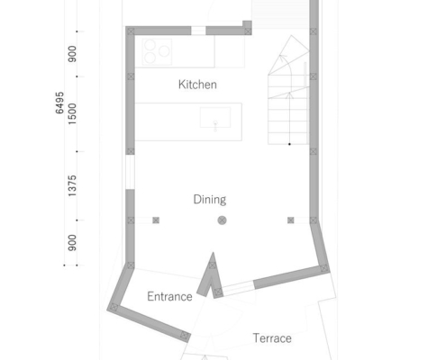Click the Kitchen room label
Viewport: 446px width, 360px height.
tap(197, 85)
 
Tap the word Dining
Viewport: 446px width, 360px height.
tap(210, 200)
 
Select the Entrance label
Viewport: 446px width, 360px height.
tap(169, 296)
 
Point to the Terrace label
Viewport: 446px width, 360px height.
tap(272, 338)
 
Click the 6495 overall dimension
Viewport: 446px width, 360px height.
tap(59, 103)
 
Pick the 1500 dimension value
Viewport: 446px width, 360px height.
tap(72, 114)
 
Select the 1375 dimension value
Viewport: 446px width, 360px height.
tap(72, 186)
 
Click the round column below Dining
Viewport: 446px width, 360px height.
tap(222, 220)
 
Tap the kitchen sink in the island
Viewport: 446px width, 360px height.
tap(215, 117)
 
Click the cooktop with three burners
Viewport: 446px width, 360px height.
tap(157, 52)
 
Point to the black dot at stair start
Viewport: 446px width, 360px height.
tap(289, 144)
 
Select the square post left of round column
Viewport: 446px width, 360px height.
tap(156, 220)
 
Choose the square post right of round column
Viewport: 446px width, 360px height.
tap(291, 220)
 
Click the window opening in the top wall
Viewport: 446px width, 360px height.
tap(198, 31)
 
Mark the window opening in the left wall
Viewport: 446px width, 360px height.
tap(130, 172)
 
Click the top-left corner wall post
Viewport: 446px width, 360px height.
tap(131, 31)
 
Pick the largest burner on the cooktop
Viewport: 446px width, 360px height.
tap(164, 51)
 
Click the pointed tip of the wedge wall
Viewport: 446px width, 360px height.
tap(214, 253)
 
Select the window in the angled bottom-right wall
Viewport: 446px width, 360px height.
tap(239, 288)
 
